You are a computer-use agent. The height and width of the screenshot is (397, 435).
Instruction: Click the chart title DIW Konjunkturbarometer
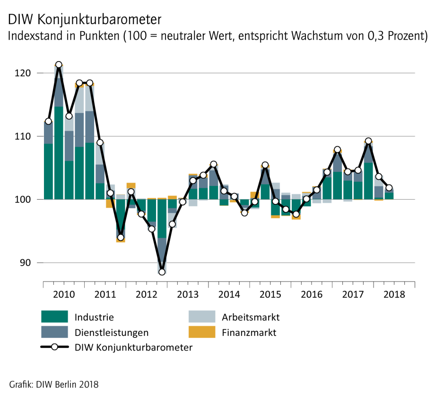coord(85,19)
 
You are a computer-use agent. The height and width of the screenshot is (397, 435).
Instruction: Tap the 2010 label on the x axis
coord(64,294)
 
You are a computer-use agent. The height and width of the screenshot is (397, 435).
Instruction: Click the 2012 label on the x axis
coord(147,294)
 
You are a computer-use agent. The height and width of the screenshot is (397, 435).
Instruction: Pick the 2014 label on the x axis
coord(229,294)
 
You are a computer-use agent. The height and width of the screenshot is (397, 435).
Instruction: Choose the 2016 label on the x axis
coord(312,294)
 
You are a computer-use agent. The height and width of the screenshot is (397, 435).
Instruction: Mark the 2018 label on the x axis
coord(394,294)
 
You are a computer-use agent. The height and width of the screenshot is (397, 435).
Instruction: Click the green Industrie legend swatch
coord(55,317)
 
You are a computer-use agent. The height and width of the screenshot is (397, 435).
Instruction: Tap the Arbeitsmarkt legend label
coord(251,317)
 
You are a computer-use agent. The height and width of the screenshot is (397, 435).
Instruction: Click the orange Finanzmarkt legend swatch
coord(202,332)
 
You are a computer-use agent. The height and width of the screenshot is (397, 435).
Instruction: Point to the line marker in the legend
coord(55,347)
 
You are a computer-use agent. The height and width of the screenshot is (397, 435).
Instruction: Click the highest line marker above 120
coord(59,65)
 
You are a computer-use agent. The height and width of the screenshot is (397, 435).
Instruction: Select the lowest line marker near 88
coord(162,272)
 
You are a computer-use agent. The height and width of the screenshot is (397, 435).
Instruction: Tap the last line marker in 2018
coord(389,188)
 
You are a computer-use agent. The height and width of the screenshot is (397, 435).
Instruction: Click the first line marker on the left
coord(48,121)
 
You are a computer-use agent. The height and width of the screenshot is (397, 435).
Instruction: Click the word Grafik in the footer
coord(20,384)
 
